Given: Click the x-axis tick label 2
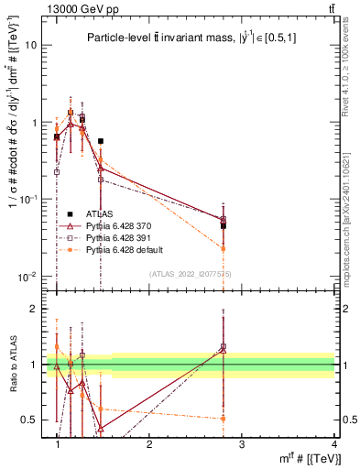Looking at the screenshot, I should [x=149, y=443].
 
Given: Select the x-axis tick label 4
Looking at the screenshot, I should [x=333, y=443].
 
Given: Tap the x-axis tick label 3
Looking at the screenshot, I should [x=241, y=443].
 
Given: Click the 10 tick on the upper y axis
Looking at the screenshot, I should [x=29, y=45].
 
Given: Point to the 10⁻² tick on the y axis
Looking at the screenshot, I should [x=27, y=276].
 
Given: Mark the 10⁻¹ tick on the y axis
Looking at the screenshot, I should [x=27, y=199].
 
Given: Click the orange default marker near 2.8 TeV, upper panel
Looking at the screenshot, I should [x=223, y=248].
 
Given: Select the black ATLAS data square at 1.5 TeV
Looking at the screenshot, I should [x=101, y=141].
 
